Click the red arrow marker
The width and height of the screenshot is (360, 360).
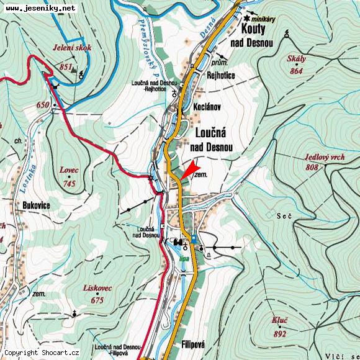coord(192,169)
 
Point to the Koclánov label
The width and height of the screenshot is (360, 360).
coord(207,107)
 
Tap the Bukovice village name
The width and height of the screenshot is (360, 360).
coord(36,205)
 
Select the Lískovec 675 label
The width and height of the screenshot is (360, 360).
coord(96,294)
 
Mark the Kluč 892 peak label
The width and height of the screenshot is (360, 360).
coord(280,327)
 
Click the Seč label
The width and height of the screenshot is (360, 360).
coord(284,215)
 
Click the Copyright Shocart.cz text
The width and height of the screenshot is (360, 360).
coord(42,353)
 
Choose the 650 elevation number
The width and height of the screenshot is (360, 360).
coord(42,106)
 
